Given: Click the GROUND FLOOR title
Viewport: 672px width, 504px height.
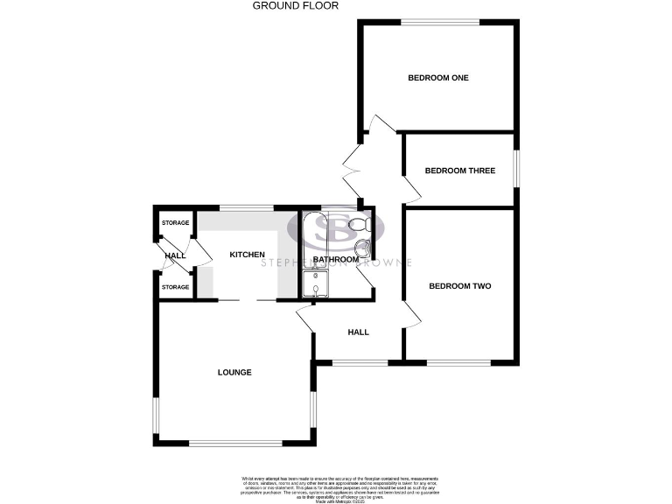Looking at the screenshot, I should (295, 5).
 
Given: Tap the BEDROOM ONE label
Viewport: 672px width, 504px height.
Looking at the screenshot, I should (438, 78).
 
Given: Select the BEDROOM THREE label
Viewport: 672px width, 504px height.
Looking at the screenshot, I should (460, 171).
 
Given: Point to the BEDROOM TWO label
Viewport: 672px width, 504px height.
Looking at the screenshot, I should (459, 286).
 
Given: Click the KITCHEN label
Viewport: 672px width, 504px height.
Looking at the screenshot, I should (247, 255).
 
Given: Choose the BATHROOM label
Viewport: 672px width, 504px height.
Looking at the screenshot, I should (337, 259).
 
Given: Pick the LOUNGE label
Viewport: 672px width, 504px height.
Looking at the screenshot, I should (234, 373).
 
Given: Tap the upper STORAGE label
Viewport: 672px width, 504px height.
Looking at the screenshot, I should (175, 224).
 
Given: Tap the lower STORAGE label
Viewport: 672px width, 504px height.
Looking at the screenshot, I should (175, 287).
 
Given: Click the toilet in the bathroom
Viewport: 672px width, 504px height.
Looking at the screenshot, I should (358, 225).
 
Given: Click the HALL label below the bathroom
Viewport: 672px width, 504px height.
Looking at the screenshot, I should (358, 332).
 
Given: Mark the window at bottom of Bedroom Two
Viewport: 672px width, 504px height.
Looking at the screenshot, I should (458, 361).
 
